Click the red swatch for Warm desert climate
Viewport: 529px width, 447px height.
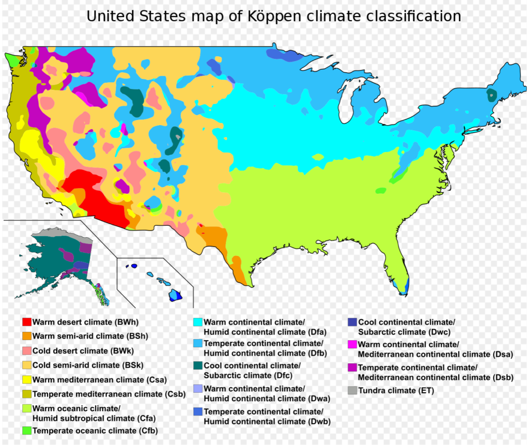click(27, 322)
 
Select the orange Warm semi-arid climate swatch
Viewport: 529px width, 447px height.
click(27, 336)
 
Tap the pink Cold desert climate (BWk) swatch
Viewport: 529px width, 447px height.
click(27, 351)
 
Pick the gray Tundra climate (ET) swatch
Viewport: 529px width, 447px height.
click(352, 391)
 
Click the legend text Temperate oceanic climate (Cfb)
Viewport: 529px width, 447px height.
click(95, 430)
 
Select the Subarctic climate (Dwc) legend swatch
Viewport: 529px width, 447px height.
click(352, 322)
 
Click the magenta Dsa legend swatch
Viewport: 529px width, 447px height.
click(352, 345)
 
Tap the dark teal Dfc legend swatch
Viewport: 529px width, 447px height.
click(198, 366)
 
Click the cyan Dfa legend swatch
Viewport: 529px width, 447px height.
click(198, 322)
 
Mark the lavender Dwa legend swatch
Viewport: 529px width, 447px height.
click(198, 389)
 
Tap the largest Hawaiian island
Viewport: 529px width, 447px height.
click(176, 295)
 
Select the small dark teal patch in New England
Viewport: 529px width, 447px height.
click(490, 95)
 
